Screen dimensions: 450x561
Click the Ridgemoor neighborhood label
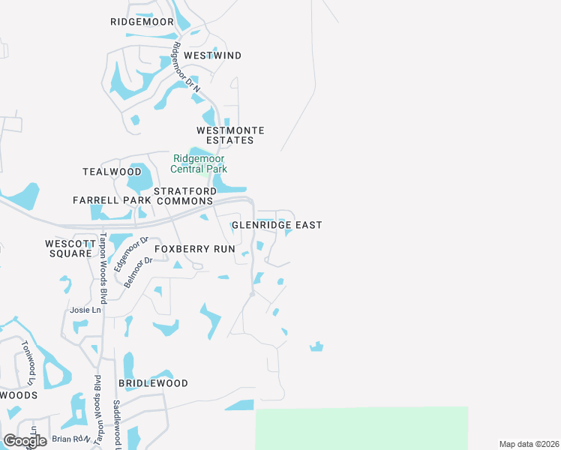click(x=142, y=22)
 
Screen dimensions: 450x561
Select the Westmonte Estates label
click(x=230, y=135)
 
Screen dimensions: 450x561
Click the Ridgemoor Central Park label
click(x=199, y=163)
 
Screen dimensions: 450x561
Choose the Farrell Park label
click(x=107, y=200)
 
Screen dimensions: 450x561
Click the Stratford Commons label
click(x=185, y=196)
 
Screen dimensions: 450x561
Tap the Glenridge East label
click(x=277, y=225)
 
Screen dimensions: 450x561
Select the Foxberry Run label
click(x=195, y=248)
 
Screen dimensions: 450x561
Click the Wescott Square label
click(x=68, y=248)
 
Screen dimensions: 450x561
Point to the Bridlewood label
click(x=153, y=383)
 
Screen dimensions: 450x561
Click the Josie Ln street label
click(x=85, y=310)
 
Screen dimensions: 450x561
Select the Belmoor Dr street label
click(x=137, y=268)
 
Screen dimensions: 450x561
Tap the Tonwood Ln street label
click(x=28, y=358)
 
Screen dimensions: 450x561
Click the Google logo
click(x=25, y=441)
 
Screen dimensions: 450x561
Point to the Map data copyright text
click(x=529, y=444)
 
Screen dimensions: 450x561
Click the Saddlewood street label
click(x=117, y=424)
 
